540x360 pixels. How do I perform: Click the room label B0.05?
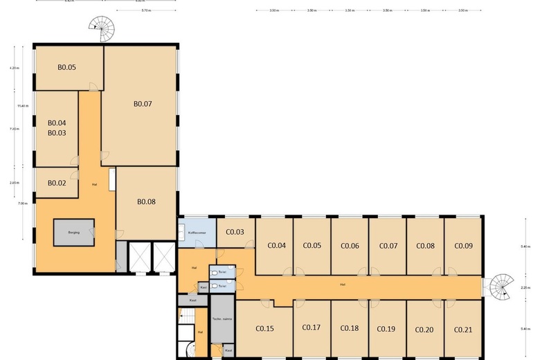tap(66, 67)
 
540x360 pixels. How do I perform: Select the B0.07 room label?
tap(143, 104)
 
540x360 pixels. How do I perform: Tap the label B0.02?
tap(57, 183)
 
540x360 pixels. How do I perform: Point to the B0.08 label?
tap(146, 202)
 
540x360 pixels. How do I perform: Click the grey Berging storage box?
tap(74, 233)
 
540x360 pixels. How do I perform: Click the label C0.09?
tap(463, 245)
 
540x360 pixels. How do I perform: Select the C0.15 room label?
tap(264, 328)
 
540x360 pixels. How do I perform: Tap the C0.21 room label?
tap(462, 329)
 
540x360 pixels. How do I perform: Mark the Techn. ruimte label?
tap(222, 318)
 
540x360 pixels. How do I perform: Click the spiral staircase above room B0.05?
tap(103, 28)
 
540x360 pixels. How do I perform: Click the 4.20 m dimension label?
tap(14, 69)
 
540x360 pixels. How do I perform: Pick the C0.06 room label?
tap(350, 245)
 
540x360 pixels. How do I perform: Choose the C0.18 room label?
tap(350, 328)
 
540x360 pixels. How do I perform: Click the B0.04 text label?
tap(57, 123)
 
